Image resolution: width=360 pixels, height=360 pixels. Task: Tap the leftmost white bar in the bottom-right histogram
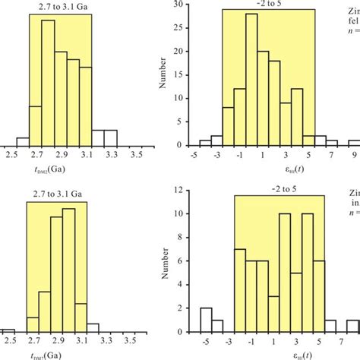(205, 319)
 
